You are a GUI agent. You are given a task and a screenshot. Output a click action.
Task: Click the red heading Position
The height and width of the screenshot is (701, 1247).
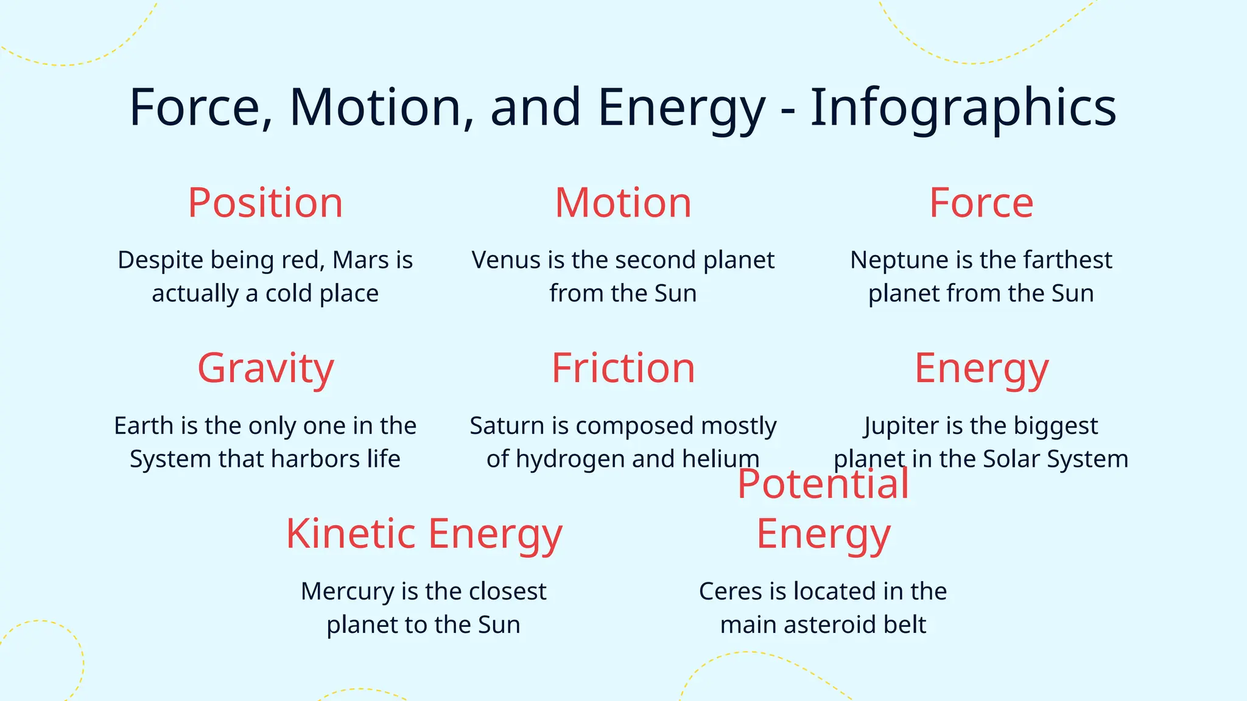[x=265, y=203]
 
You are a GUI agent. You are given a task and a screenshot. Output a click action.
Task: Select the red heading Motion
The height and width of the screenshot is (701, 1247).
[x=623, y=203]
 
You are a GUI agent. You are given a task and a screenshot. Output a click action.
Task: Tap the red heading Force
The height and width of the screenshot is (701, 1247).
[x=981, y=203]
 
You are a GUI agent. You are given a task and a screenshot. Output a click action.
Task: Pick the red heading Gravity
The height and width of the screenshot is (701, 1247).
[x=265, y=368]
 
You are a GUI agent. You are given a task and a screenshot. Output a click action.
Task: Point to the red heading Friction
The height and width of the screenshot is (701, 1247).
[x=623, y=368]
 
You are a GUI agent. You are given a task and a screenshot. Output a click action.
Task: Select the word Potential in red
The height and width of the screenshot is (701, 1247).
[x=823, y=484]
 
